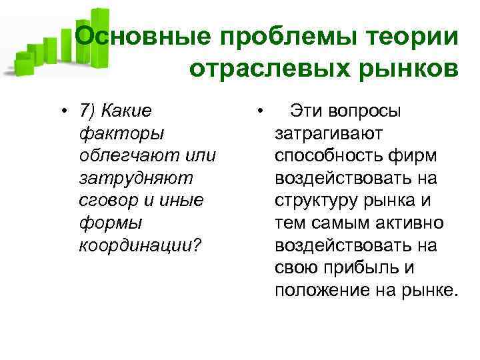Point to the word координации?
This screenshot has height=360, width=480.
click(x=139, y=246)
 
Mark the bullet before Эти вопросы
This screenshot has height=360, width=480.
click(x=264, y=111)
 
